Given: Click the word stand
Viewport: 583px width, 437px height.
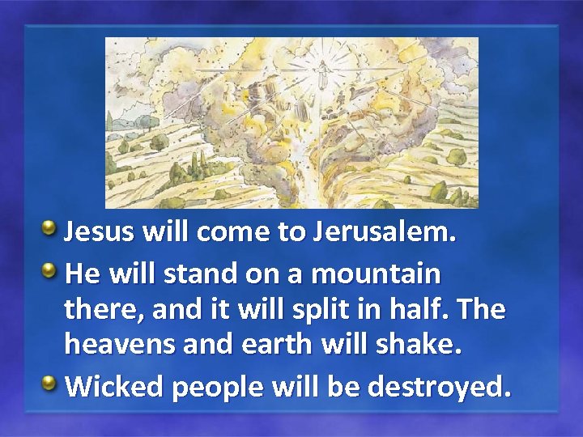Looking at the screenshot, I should [199, 274].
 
